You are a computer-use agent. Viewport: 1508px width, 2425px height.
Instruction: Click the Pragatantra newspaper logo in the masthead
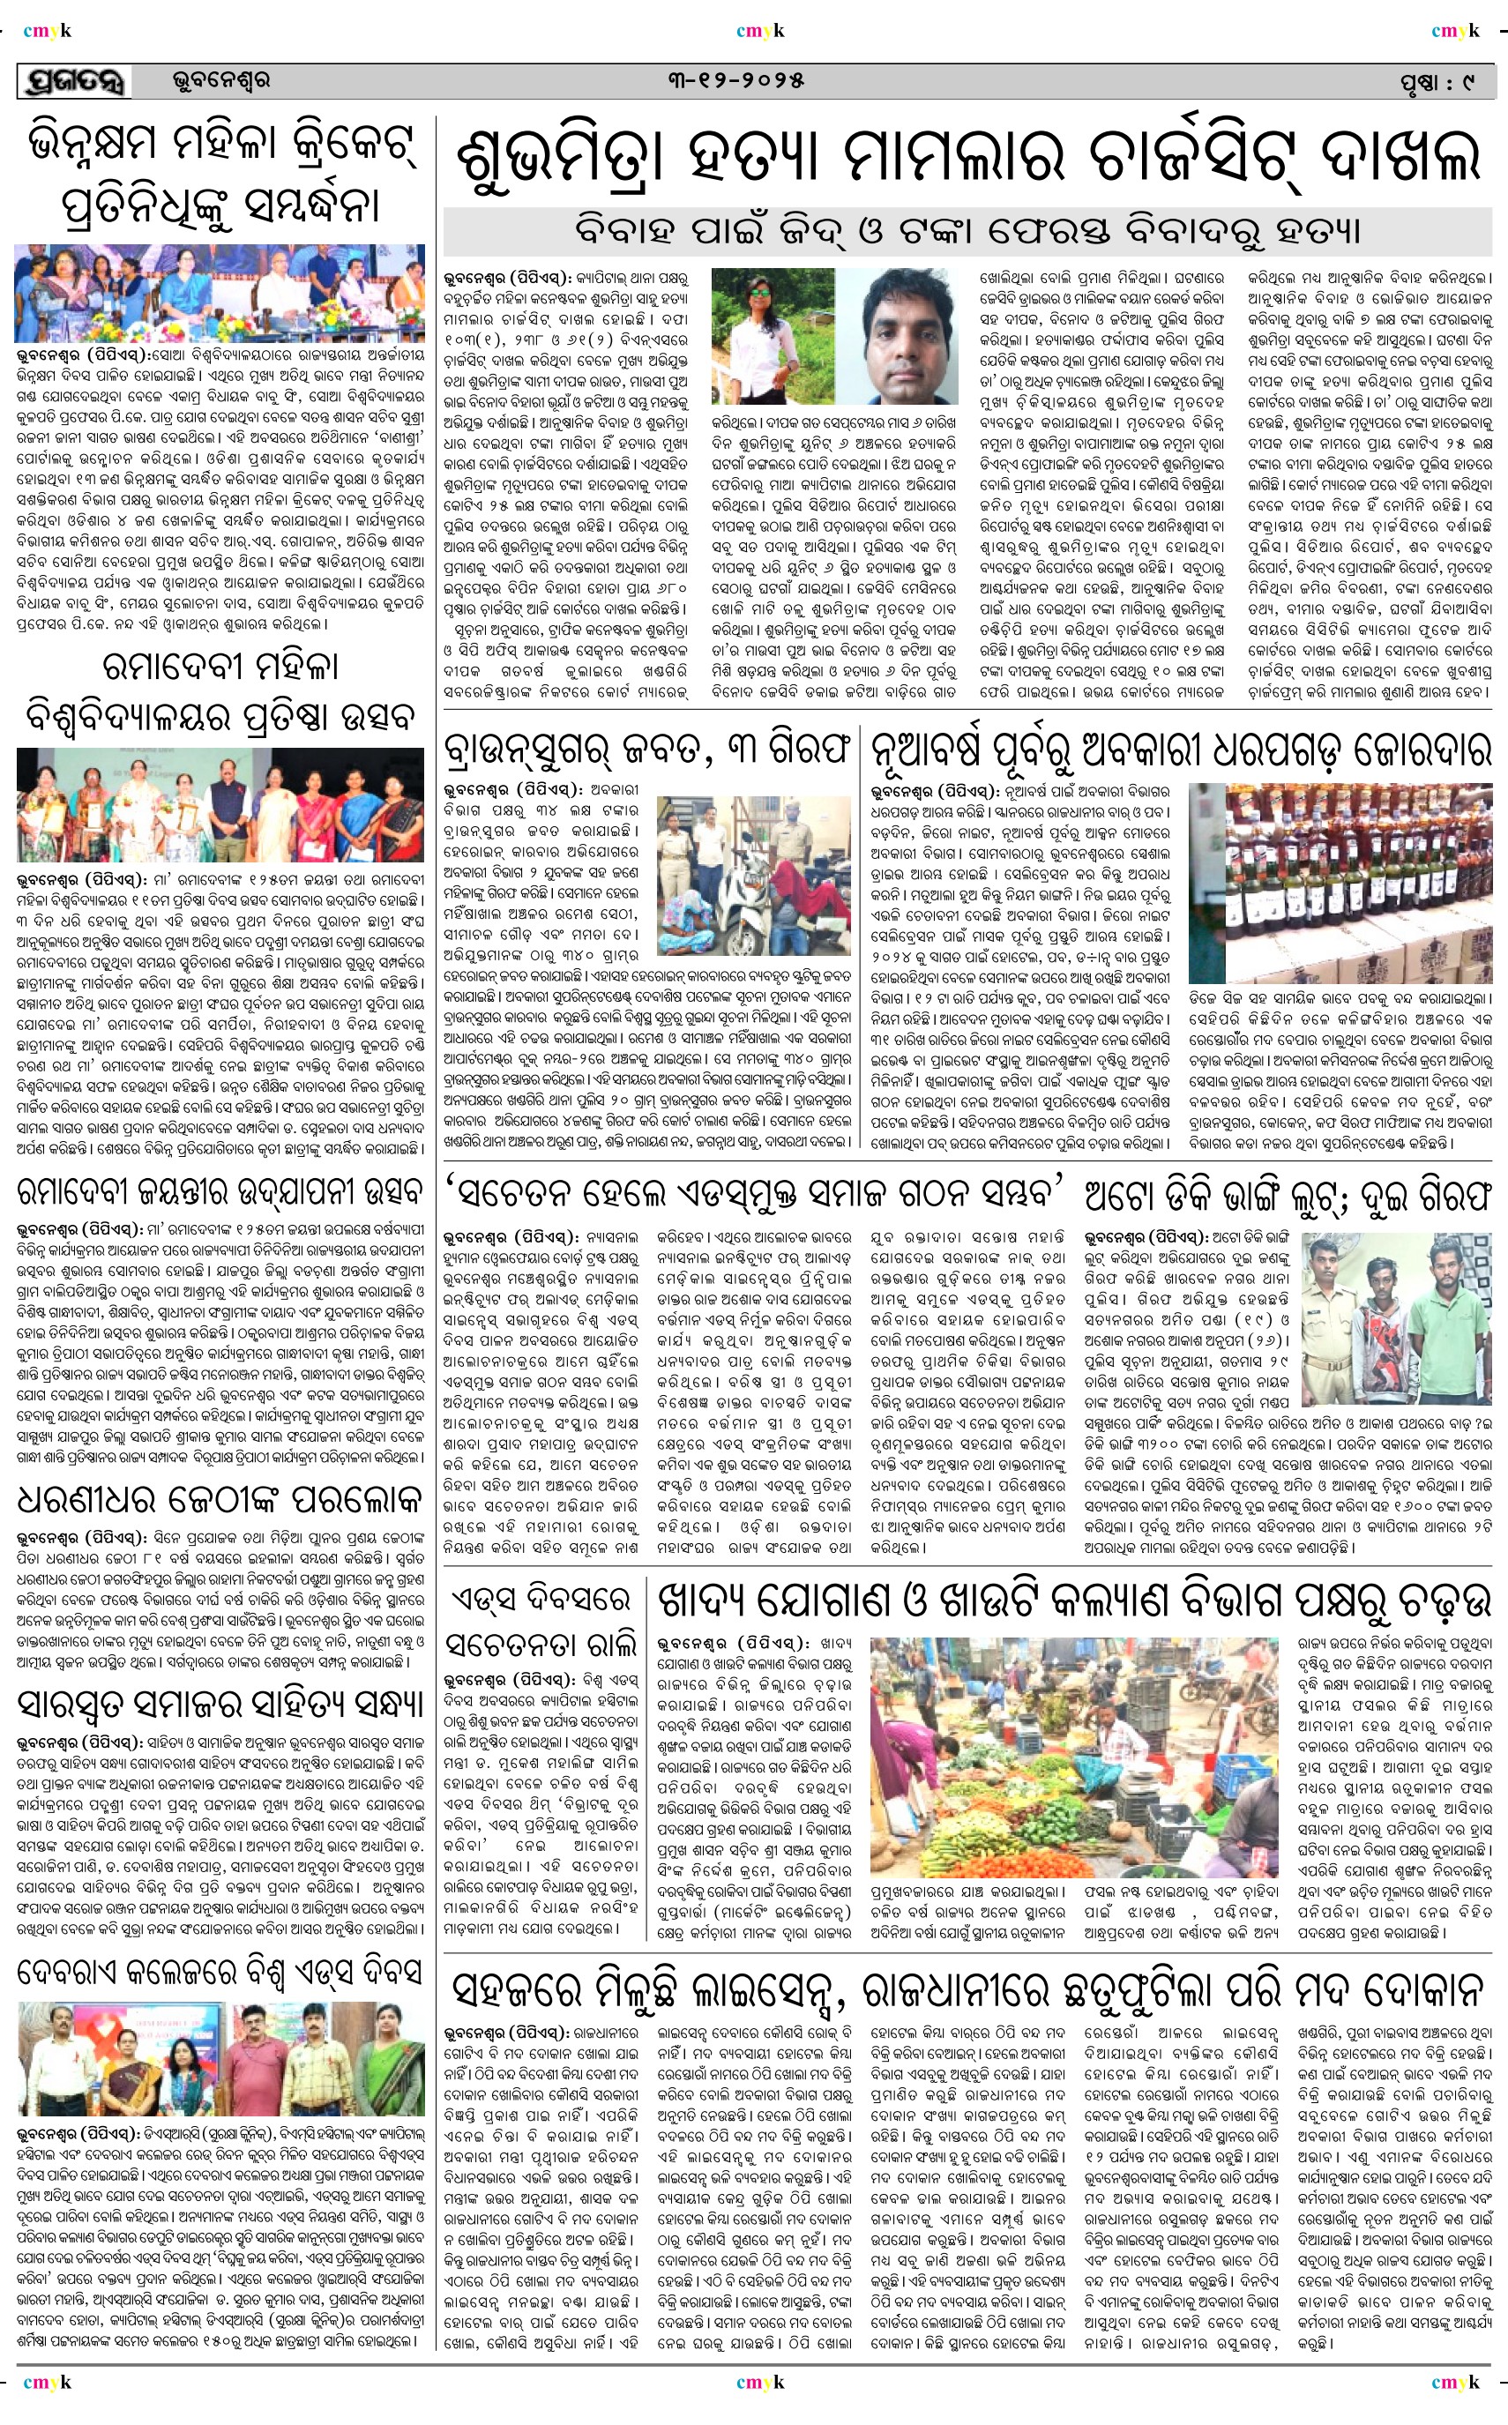(74, 82)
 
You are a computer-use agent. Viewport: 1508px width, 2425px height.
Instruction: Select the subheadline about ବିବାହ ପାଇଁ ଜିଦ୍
(967, 230)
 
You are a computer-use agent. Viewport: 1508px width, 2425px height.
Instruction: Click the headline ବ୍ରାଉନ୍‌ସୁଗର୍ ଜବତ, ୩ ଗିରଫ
(647, 749)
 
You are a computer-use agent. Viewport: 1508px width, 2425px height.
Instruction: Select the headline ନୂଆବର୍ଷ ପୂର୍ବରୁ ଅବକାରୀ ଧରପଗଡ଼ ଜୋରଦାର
(1181, 749)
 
